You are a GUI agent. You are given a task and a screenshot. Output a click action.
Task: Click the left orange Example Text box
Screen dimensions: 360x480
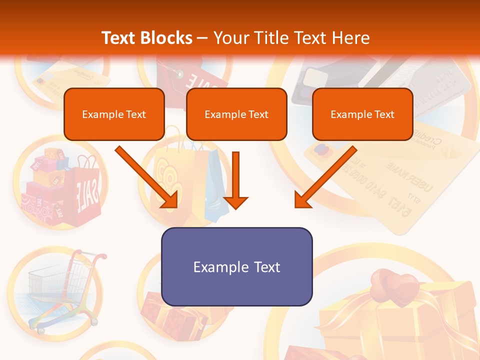114,114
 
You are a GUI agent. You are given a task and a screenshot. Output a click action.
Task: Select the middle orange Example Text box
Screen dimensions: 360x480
236,114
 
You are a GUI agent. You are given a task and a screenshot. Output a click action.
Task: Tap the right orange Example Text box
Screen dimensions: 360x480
362,114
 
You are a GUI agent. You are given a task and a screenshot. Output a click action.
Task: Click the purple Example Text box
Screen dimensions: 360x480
236,266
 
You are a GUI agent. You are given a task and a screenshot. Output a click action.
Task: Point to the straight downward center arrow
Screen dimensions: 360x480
235,180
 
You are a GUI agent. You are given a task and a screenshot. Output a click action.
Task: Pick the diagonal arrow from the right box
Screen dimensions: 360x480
325,177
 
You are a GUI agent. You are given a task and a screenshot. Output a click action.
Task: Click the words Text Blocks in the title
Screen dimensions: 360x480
146,38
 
